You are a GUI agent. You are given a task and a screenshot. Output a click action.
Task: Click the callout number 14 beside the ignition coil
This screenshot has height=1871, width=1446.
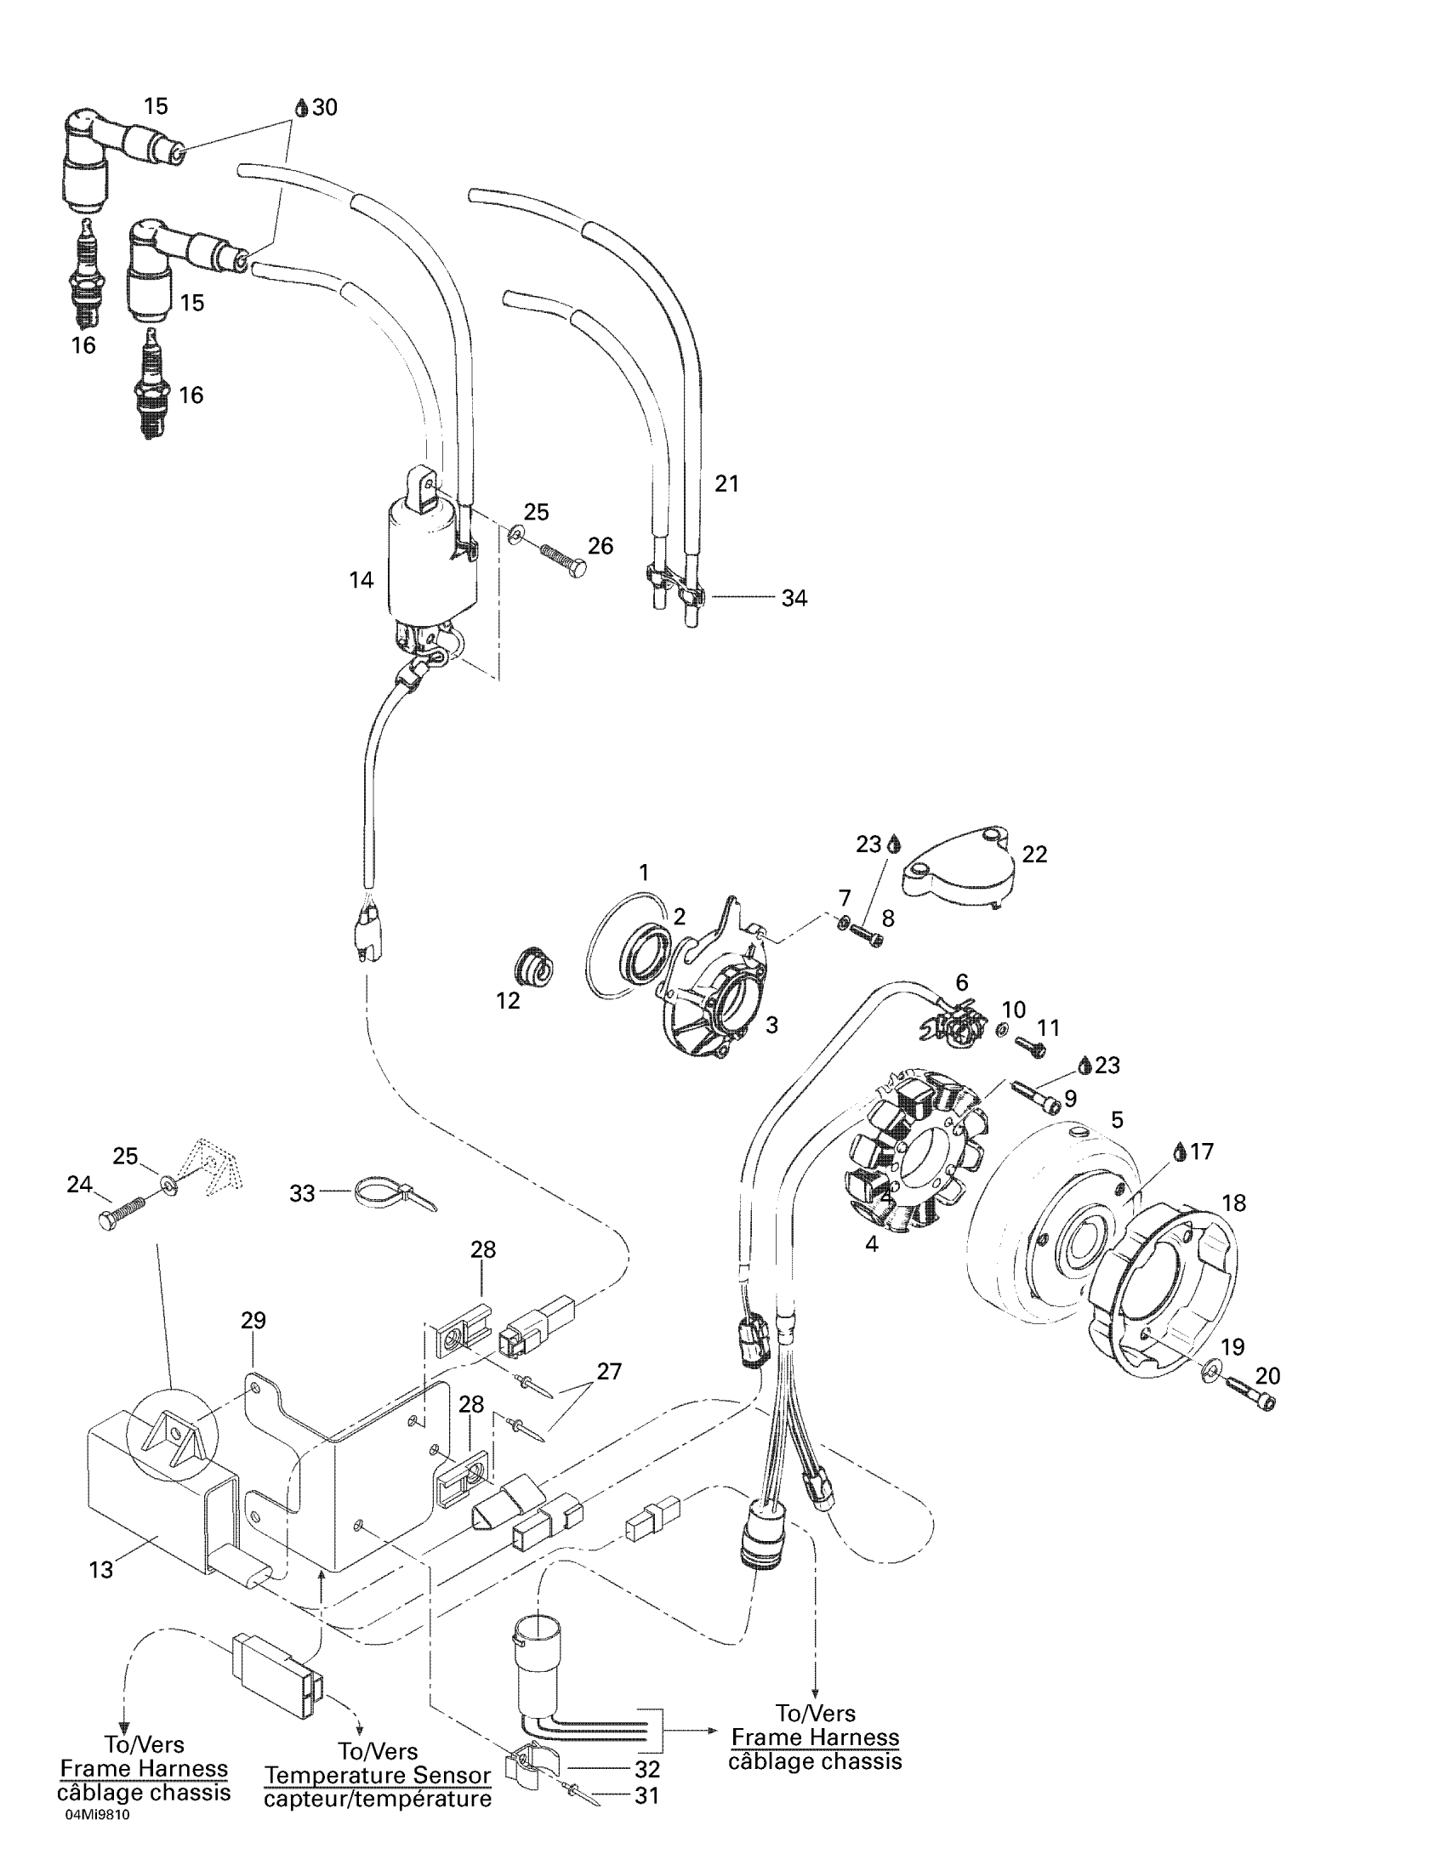click(361, 580)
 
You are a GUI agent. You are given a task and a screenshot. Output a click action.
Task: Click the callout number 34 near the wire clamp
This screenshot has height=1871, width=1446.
click(794, 598)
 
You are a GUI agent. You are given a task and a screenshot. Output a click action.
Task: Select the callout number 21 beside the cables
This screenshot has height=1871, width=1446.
click(726, 484)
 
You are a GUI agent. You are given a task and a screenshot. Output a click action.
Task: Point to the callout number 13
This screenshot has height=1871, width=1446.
click(101, 1569)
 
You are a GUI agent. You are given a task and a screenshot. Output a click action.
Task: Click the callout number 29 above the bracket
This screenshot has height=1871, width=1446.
click(253, 1320)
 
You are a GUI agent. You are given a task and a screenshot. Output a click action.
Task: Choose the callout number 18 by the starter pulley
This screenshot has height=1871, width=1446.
click(1233, 1203)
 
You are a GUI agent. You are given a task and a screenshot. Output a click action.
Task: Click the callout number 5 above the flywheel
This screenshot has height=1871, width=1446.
click(1117, 1120)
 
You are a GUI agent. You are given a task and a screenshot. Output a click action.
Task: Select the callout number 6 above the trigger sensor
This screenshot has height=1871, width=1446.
click(962, 982)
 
